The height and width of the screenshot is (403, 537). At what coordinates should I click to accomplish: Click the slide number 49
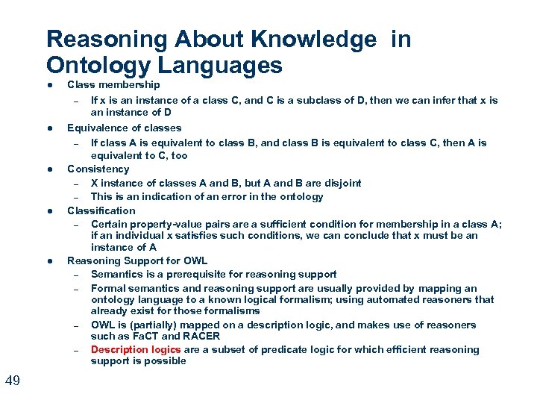12,381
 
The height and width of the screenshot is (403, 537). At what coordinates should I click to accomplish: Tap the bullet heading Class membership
113,85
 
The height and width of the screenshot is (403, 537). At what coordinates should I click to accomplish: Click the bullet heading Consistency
98,169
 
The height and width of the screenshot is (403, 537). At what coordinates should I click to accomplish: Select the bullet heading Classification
101,210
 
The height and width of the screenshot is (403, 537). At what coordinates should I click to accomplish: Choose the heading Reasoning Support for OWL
137,260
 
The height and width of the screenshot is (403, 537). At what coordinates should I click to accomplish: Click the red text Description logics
136,349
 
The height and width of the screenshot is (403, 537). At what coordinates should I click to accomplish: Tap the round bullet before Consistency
48,170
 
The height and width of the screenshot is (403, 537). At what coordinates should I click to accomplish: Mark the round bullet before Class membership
48,86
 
